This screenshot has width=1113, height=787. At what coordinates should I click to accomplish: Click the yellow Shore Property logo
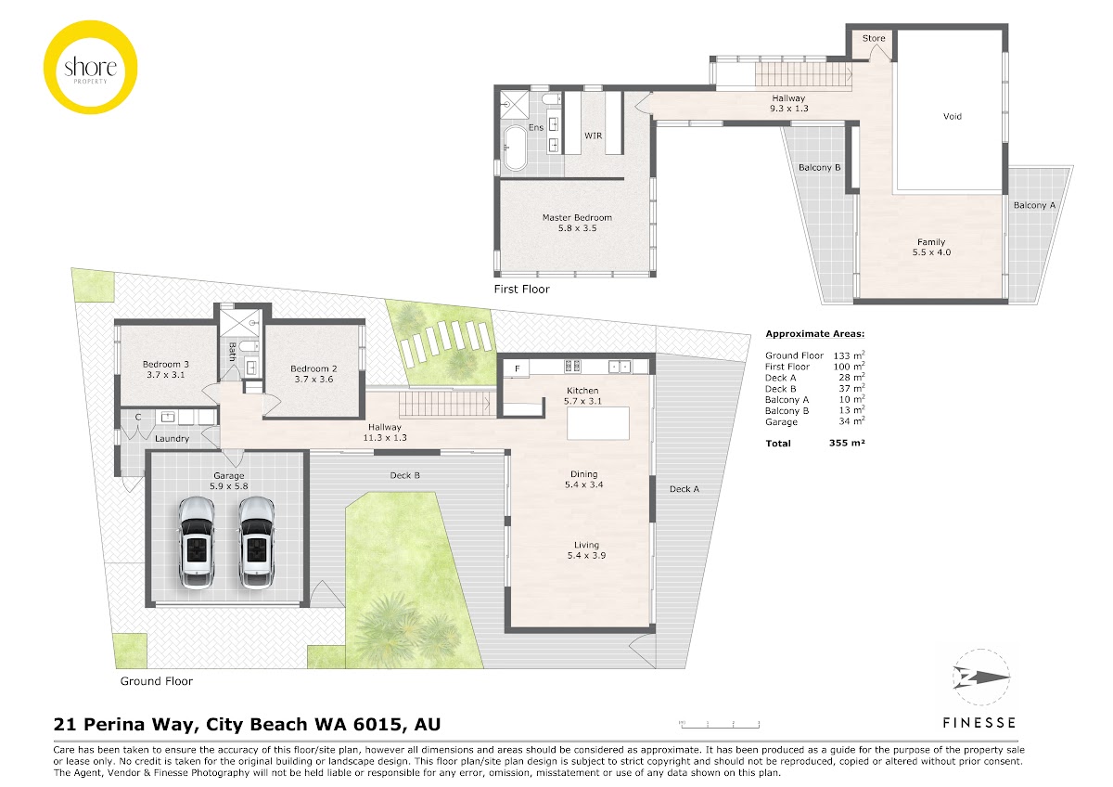91,67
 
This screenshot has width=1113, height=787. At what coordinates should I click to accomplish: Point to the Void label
952,116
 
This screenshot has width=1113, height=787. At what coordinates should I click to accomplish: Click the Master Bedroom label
577,217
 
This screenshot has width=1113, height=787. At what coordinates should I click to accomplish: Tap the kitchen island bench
598,423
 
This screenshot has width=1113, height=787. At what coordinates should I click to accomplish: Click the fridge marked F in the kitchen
517,368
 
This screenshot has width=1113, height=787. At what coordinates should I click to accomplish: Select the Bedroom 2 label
313,368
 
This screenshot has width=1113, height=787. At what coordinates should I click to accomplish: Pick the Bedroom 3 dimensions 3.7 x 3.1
165,375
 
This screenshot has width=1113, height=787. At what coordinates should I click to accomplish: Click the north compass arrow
981,677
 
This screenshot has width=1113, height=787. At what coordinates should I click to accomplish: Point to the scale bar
720,725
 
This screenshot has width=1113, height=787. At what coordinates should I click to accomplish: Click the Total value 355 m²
847,443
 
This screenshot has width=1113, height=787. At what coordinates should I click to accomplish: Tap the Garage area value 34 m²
851,421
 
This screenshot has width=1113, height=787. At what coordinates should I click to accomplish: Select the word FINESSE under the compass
979,723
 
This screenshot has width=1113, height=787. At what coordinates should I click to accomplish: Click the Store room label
874,38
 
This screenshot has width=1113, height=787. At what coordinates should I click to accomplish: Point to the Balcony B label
819,168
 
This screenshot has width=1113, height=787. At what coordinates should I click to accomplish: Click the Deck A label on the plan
684,489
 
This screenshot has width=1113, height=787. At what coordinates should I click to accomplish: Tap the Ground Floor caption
157,681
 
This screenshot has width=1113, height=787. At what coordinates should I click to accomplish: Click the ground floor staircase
445,403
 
